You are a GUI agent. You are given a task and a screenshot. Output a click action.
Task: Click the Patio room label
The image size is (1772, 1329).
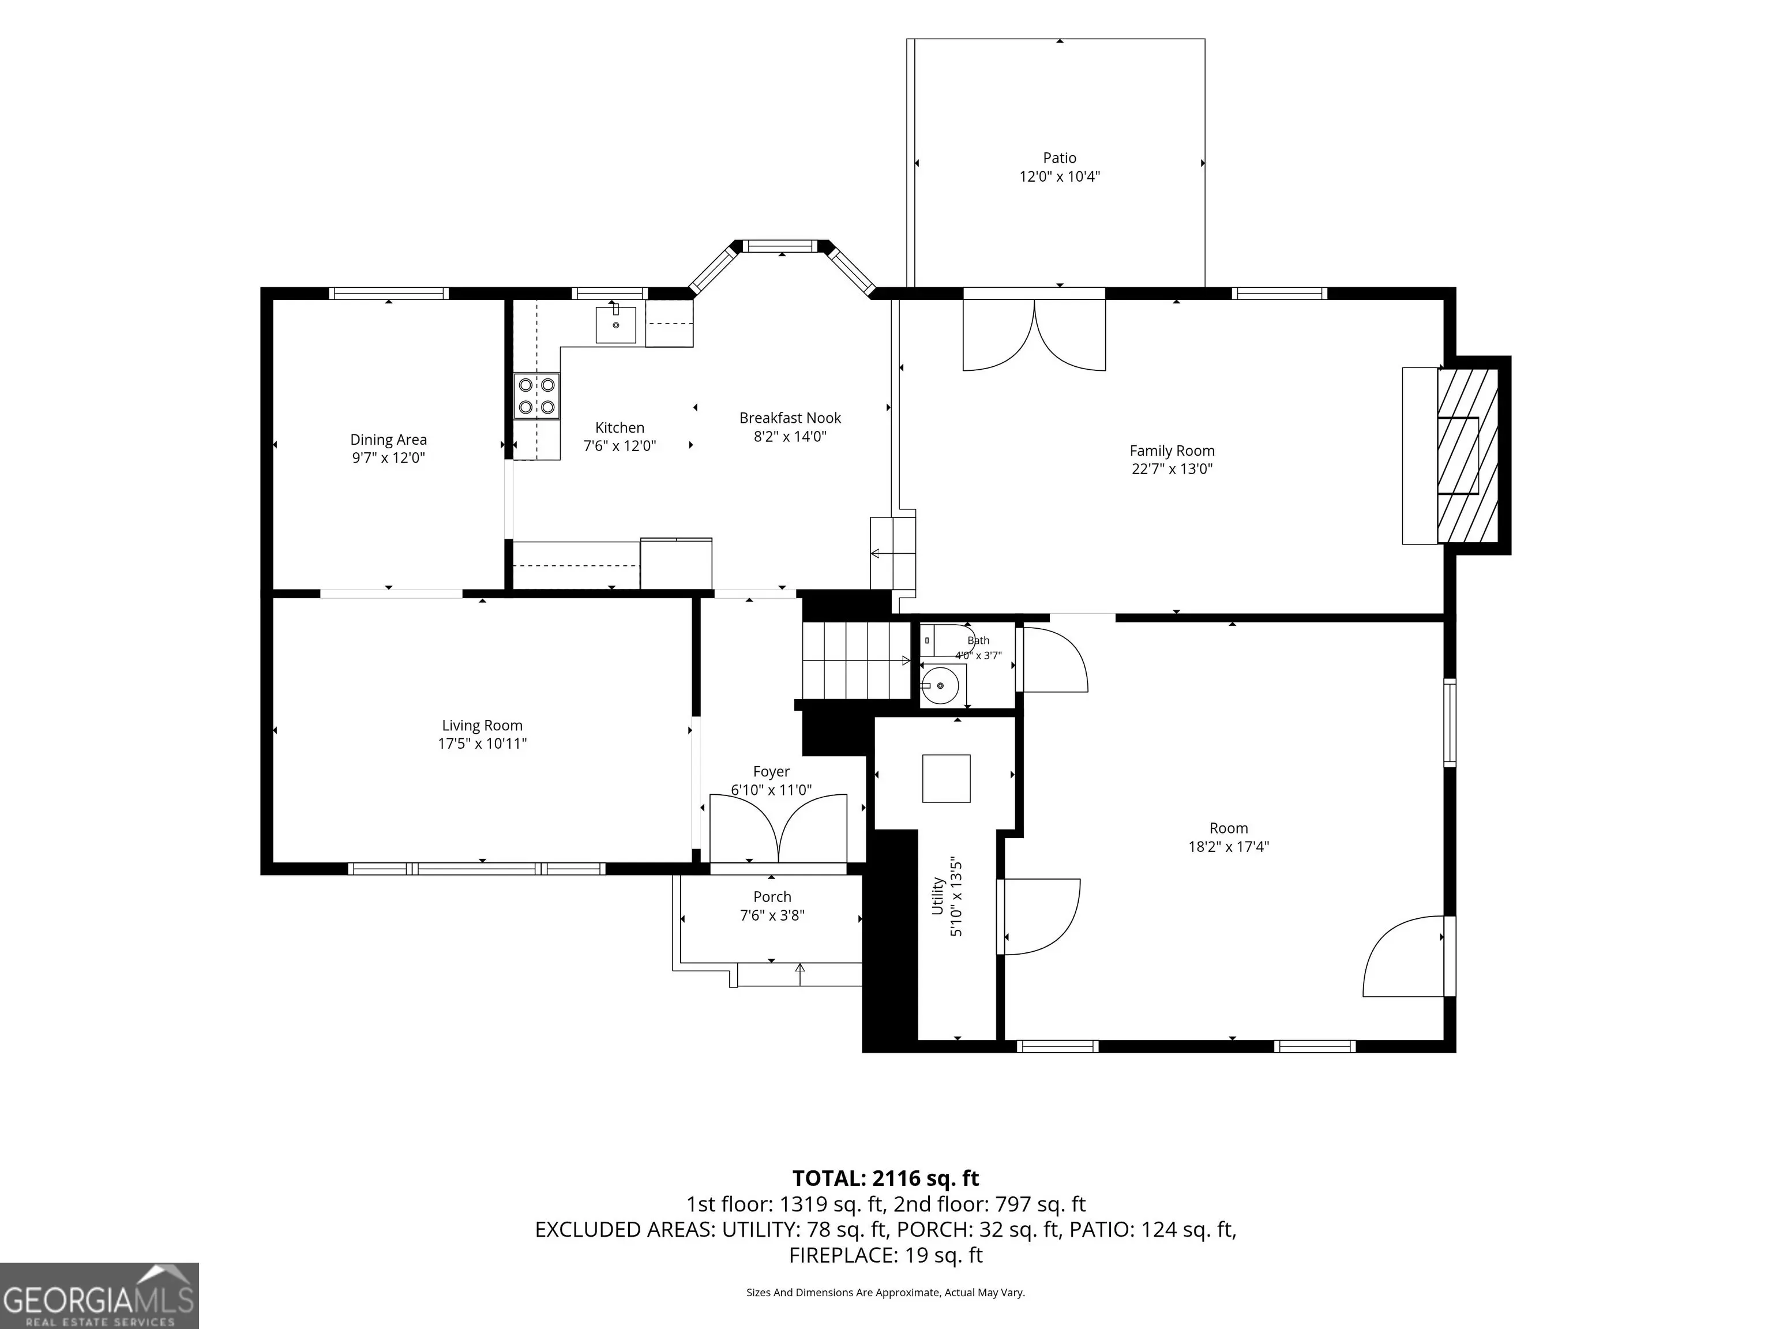(1059, 158)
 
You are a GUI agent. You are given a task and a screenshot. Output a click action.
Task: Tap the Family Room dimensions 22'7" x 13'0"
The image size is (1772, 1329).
(1172, 468)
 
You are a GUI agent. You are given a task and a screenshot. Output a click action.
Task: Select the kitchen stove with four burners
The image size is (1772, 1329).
(536, 396)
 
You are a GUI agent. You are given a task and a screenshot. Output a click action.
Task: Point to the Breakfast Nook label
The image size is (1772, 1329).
(790, 418)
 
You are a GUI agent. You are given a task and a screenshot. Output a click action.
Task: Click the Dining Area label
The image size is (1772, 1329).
(389, 439)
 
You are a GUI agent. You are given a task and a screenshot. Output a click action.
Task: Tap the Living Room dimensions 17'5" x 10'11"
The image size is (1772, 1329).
(482, 744)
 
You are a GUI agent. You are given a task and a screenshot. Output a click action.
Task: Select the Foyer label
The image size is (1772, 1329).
(771, 771)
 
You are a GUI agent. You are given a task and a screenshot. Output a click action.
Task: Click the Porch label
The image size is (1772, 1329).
(772, 896)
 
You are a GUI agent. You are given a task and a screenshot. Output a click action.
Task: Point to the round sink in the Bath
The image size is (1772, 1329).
(940, 686)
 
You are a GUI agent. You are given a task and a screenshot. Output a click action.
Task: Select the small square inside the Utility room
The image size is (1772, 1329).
(946, 778)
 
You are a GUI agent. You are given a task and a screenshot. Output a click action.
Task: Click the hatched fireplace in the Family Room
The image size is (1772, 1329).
(1467, 455)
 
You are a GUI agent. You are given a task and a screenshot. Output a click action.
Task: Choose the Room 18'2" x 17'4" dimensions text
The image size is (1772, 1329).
(1228, 846)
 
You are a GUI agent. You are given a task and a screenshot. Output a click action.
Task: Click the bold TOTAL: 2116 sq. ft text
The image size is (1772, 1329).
(885, 1178)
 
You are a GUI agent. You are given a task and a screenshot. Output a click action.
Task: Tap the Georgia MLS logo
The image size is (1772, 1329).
(99, 1296)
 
